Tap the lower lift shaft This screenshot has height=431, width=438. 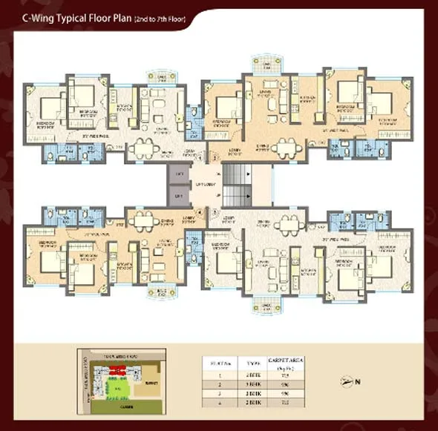click(x=178, y=197)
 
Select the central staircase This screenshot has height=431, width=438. click(x=238, y=185)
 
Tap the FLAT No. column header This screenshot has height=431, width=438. click(x=219, y=363)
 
